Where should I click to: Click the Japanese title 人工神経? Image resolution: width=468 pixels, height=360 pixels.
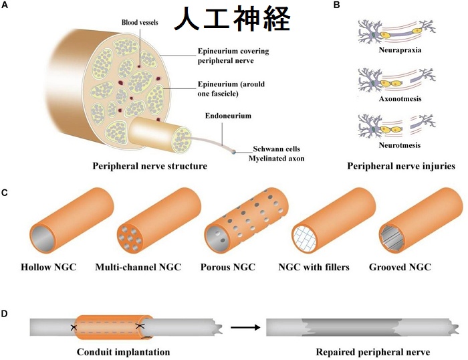[x=233, y=19]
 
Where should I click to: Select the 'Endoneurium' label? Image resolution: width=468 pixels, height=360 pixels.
[x=229, y=116]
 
